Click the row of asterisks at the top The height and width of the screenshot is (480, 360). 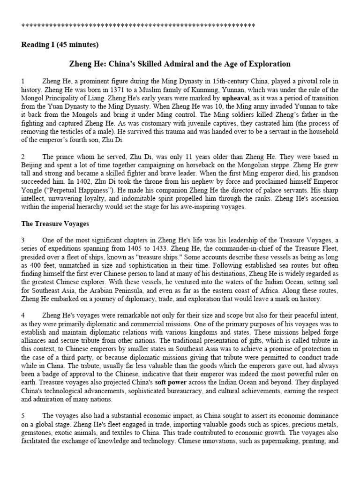point(138,25)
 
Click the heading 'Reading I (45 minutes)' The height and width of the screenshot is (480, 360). point(60,45)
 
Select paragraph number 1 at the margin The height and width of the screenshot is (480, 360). point(23,82)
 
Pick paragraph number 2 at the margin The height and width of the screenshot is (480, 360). point(23,156)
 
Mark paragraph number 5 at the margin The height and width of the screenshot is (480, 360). point(23,415)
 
